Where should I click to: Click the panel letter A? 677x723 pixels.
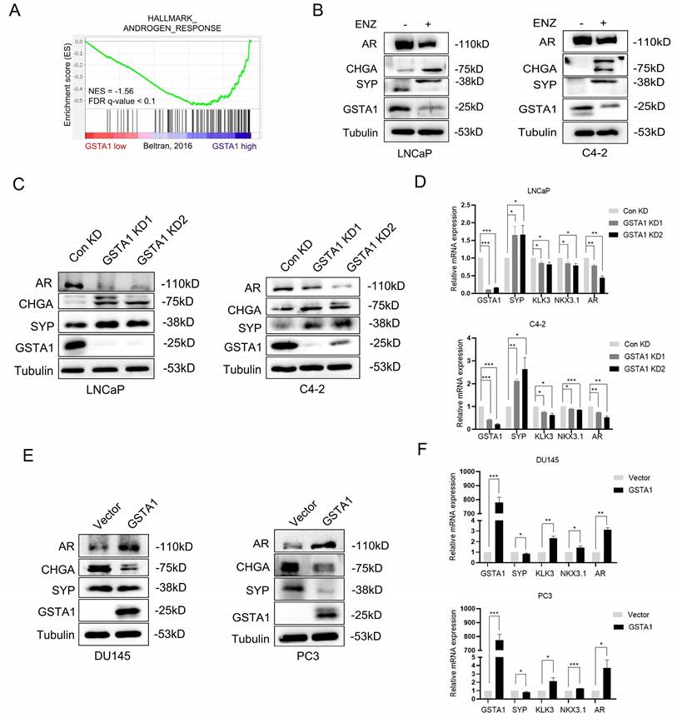point(13,13)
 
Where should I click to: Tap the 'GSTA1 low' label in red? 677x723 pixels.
point(107,144)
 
